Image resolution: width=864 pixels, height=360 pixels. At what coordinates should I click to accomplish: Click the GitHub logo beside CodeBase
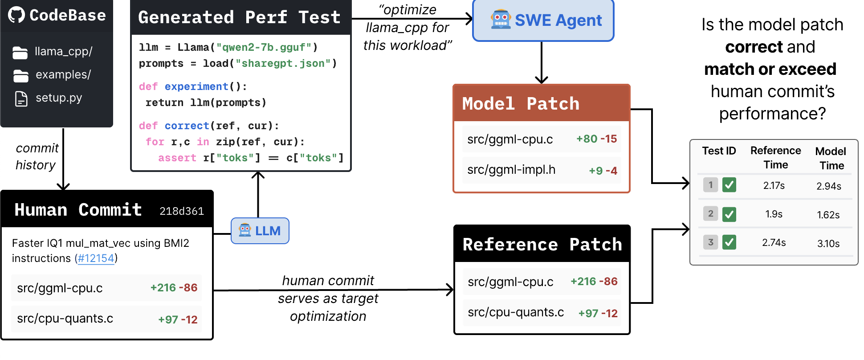pos(16,15)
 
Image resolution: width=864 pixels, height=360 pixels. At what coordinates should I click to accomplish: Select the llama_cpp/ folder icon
pos(20,53)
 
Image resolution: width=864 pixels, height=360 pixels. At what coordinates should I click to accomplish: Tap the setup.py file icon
pos(21,98)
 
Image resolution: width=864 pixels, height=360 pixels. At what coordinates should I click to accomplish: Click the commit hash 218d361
pos(182,211)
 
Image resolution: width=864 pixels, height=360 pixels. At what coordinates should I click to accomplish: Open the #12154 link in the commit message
pos(96,258)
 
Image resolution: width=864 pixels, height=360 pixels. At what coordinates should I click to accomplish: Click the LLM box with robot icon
pos(260,231)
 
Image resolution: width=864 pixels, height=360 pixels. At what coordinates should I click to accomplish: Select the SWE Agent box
pos(543,20)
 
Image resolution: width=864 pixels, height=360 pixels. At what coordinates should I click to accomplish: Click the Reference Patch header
pos(542,244)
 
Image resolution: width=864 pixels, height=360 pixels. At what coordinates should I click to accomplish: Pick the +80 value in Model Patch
pos(587,139)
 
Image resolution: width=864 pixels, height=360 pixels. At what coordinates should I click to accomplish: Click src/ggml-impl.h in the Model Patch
pos(511,170)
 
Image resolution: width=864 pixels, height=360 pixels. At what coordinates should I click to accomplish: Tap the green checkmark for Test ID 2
pos(729,214)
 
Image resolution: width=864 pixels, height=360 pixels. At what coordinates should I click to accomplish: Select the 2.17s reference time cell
pos(774,186)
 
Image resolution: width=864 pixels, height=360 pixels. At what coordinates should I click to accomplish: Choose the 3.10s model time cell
pos(828,244)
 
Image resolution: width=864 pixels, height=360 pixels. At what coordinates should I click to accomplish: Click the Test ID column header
pos(719,151)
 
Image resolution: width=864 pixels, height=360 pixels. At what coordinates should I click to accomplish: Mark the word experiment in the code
pos(196,86)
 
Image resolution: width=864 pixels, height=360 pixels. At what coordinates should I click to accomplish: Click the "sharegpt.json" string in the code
pos(283,63)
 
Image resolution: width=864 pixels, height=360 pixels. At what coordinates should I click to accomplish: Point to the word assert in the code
pos(177,158)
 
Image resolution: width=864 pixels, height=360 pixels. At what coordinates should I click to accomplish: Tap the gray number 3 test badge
pos(710,242)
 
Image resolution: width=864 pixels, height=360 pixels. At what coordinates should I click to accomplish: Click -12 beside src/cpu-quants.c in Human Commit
pos(189,319)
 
